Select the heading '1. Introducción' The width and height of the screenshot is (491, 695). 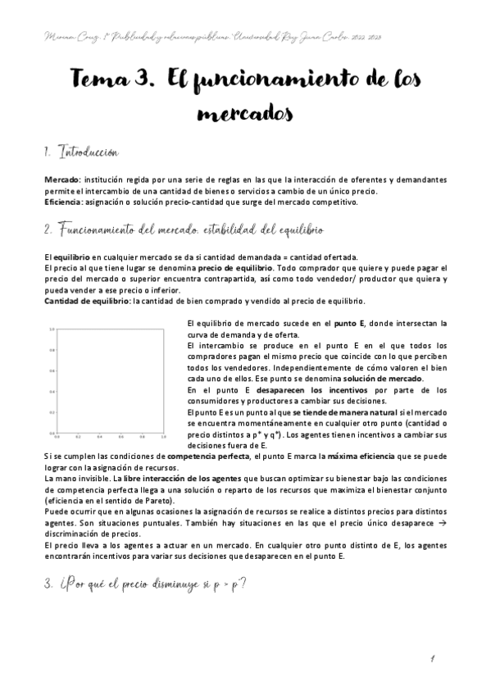tap(82, 152)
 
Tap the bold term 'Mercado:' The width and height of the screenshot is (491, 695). tap(62, 179)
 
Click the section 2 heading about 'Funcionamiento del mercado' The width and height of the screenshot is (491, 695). tap(184, 228)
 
